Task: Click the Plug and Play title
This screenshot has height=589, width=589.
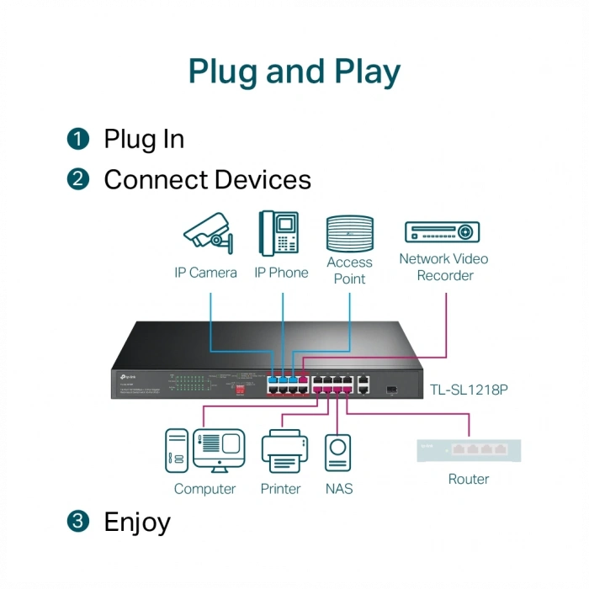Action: coord(294,72)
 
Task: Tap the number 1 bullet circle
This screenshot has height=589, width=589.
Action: coord(78,139)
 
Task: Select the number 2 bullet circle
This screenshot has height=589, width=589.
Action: coord(78,179)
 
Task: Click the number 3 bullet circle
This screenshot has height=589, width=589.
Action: coord(78,522)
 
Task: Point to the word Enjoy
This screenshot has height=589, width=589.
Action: coord(137,522)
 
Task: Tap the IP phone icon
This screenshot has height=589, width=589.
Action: coord(279,233)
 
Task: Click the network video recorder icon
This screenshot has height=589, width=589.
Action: coord(442,231)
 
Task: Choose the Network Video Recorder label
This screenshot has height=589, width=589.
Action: coord(443,267)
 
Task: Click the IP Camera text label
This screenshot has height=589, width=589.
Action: coord(205,273)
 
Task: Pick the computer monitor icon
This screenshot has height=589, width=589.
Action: coord(218,450)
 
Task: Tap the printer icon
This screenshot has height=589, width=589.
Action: coord(281,452)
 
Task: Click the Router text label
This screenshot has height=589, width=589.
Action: coord(469,479)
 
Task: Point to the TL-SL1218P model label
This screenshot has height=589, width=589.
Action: coord(469,390)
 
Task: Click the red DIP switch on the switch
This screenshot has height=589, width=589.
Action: coord(240,388)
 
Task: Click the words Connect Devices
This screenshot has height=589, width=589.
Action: coord(207,179)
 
